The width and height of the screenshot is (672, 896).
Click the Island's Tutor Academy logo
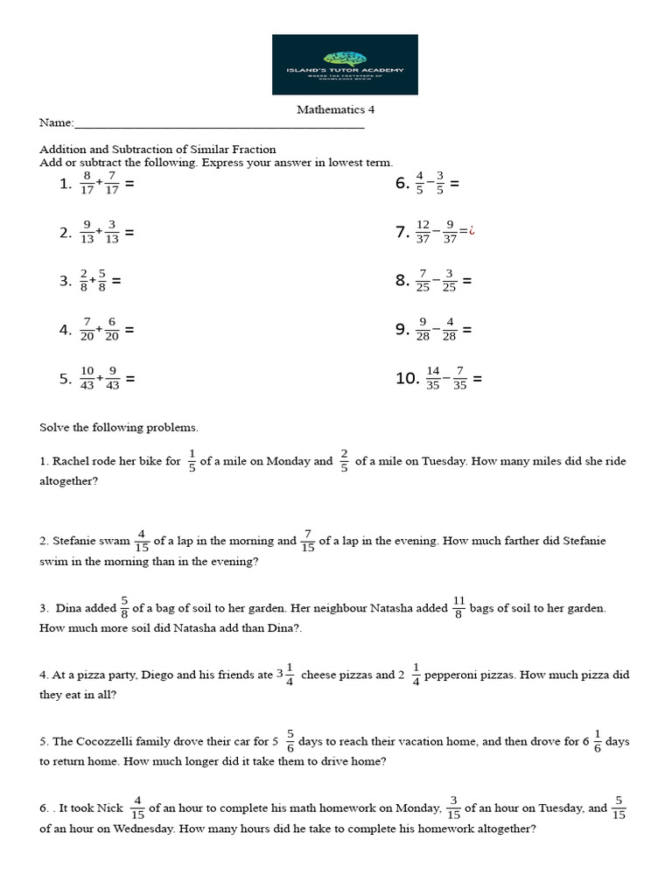[x=345, y=64]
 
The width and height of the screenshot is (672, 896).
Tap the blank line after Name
[x=219, y=125]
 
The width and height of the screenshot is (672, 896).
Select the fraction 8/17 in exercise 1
[x=87, y=184]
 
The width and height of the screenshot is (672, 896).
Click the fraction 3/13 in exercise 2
[x=112, y=232]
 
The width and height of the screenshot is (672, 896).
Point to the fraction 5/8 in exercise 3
[x=102, y=281]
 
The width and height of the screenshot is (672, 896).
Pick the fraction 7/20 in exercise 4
[x=87, y=330]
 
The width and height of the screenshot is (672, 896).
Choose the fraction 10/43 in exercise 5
[x=87, y=379]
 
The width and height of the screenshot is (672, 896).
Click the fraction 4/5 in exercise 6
[x=420, y=184]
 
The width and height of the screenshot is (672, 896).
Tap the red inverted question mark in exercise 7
[x=472, y=232]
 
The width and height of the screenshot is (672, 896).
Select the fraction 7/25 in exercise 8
[x=423, y=281]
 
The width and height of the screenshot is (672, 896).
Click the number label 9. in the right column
[x=402, y=330]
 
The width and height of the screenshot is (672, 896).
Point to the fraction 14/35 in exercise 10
[x=432, y=379]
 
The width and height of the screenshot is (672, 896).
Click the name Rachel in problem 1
[x=70, y=461]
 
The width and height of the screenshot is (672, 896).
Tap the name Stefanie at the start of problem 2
[x=73, y=541]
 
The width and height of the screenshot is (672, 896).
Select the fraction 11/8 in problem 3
[x=458, y=607]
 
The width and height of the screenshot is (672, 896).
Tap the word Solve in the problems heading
[x=53, y=428]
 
